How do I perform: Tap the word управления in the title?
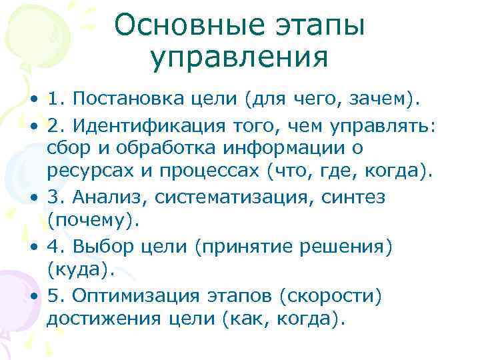239,58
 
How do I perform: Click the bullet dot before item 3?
34,198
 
